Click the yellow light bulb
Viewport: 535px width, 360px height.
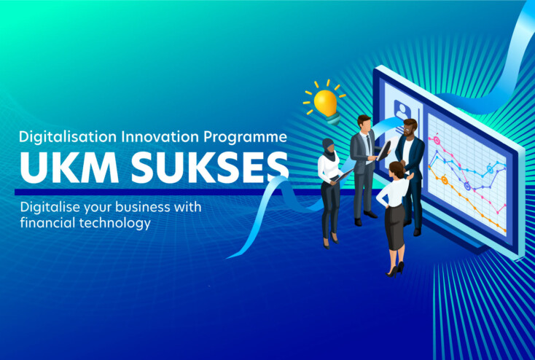(324, 101)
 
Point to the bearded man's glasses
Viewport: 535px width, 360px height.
(410, 126)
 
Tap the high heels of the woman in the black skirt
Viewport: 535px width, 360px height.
(397, 270)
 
